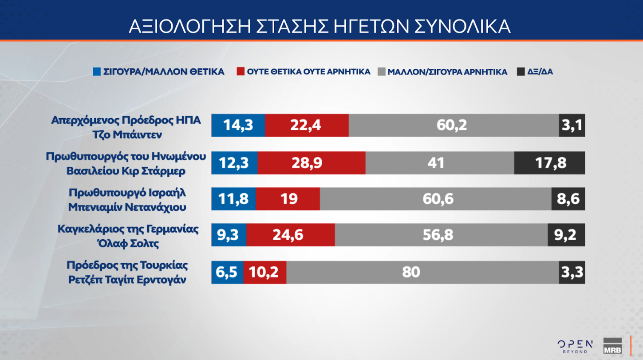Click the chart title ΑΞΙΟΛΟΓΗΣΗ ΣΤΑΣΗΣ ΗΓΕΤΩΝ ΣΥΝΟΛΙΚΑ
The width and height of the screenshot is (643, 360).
click(x=320, y=27)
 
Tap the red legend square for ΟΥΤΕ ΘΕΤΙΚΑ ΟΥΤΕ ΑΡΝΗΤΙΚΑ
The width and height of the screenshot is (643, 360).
click(x=240, y=71)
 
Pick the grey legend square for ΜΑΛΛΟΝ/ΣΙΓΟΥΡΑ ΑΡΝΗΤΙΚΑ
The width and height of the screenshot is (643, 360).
click(x=381, y=71)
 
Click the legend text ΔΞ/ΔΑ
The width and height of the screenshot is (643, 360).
click(x=540, y=71)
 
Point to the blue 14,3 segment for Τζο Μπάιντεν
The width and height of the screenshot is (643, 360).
click(x=238, y=125)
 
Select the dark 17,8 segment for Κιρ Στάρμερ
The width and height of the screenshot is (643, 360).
click(x=549, y=162)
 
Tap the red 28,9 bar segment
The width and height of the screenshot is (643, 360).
click(x=312, y=162)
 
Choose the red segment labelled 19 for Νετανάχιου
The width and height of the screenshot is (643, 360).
click(x=288, y=198)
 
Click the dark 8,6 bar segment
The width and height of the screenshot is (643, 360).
click(x=568, y=198)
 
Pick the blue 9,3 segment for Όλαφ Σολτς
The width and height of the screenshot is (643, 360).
click(x=229, y=234)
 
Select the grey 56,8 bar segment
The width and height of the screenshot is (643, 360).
click(x=441, y=234)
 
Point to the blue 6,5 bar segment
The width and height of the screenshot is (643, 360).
click(x=227, y=272)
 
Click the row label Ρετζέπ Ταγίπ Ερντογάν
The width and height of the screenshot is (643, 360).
click(x=127, y=280)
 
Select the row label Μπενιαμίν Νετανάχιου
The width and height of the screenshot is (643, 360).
click(x=127, y=207)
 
